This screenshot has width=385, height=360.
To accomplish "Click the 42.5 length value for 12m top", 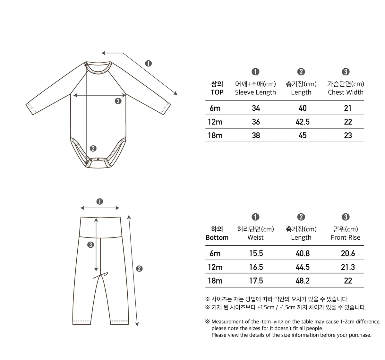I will (302, 122).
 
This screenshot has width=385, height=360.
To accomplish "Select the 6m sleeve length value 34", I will (256, 108).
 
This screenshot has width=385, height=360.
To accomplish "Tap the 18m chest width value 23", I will (348, 135).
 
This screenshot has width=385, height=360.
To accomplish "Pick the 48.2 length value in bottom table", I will (302, 281).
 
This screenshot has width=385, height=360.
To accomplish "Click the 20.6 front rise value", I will (348, 253).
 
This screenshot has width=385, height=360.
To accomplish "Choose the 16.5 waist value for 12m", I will (256, 267).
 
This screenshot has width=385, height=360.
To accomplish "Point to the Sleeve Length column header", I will (255, 92).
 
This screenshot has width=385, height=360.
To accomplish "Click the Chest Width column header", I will (346, 92).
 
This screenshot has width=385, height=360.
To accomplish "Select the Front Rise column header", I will (346, 238).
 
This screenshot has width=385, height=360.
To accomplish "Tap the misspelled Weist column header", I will (255, 238).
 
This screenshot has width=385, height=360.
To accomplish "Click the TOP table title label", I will (217, 92).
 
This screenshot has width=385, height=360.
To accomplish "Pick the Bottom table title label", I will (217, 238).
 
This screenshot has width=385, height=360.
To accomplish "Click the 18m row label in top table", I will (215, 135).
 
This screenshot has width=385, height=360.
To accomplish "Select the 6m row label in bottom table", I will (215, 253).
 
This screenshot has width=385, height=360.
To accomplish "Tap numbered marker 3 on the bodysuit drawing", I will (118, 101).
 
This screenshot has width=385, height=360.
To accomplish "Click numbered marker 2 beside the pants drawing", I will (139, 269).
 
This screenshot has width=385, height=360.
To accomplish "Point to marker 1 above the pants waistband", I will (99, 201).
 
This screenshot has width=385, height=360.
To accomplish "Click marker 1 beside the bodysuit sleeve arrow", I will (148, 64).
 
